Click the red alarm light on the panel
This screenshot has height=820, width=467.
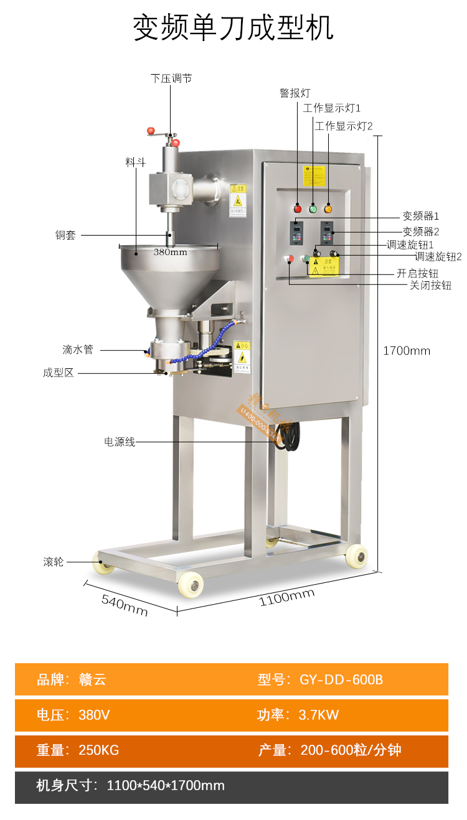click(298, 208)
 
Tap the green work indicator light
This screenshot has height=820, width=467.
click(313, 208)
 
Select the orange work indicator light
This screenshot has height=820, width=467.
click(328, 208)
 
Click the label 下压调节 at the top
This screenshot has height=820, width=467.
click(171, 78)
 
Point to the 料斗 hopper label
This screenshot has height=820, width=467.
click(135, 162)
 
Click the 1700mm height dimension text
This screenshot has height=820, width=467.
click(407, 350)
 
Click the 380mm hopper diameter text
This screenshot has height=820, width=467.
click(170, 252)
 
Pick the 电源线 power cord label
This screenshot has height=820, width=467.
click(120, 442)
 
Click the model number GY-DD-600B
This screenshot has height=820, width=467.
click(341, 679)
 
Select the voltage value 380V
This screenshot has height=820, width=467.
click(94, 715)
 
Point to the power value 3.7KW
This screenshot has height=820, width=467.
click(319, 715)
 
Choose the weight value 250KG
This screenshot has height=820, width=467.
click(98, 750)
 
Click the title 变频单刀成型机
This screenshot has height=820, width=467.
click(233, 28)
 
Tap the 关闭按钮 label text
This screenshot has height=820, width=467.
click(430, 286)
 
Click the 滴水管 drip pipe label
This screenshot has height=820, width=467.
click(78, 349)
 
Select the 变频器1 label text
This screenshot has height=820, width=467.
click(421, 217)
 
